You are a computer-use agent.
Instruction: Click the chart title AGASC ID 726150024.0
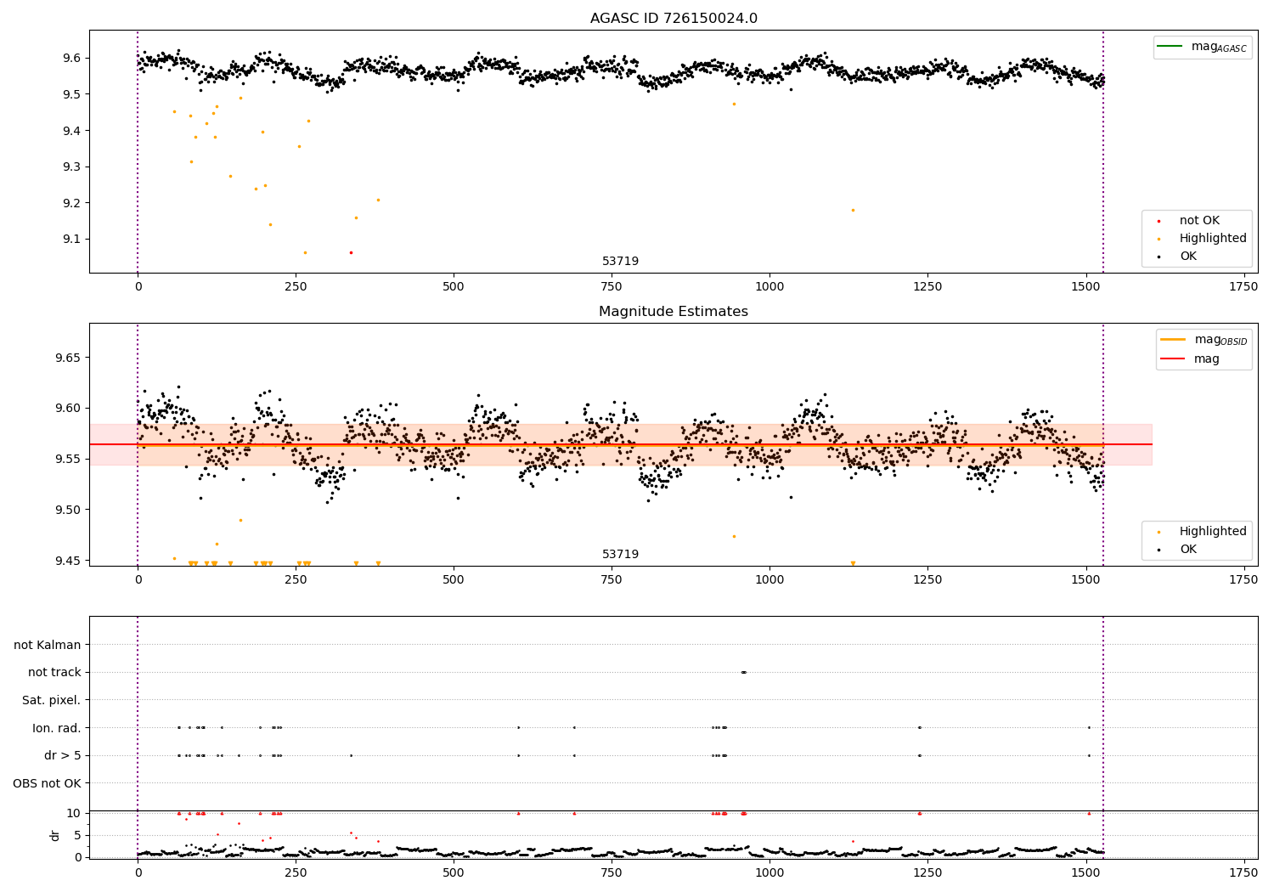point(674,19)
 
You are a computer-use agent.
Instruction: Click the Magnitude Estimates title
point(674,312)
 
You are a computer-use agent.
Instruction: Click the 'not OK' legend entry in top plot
point(1198,221)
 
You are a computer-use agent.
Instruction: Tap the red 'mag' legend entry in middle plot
point(1206,358)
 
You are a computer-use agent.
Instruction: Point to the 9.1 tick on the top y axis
point(70,239)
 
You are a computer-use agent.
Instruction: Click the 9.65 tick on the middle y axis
point(67,358)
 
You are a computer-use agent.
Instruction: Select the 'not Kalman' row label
point(48,645)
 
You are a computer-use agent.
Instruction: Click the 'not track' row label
point(54,672)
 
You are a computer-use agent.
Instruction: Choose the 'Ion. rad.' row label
point(57,728)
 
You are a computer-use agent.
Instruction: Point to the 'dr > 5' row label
point(62,755)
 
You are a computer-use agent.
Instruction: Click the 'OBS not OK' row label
point(47,783)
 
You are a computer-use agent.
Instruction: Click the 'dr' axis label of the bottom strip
point(55,835)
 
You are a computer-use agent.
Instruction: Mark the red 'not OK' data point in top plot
point(351,252)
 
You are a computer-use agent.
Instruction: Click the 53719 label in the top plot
point(620,262)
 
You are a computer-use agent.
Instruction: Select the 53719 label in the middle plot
point(620,555)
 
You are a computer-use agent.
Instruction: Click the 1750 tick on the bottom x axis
point(1243,873)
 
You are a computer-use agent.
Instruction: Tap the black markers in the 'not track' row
point(743,672)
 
